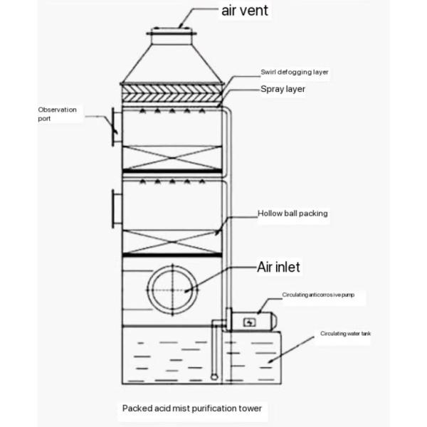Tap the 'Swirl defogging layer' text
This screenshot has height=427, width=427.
point(293,73)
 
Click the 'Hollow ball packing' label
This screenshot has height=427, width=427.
point(292,213)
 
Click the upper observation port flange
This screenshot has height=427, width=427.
point(115,127)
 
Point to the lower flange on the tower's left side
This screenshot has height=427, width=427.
point(115,209)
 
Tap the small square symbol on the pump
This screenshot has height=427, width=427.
point(249,322)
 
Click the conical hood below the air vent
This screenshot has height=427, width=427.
point(171,60)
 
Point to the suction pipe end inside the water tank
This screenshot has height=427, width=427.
point(214,375)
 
